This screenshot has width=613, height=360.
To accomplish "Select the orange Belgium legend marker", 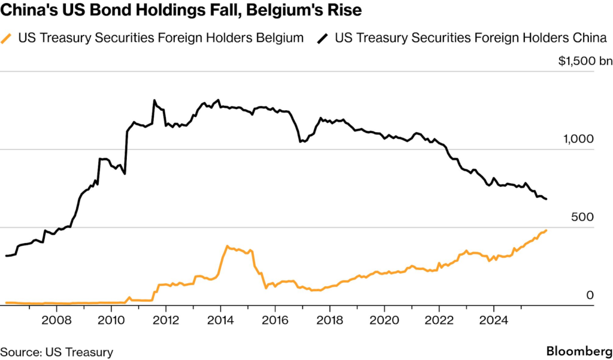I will click(x=9, y=38).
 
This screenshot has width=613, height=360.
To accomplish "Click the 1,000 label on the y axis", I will click(x=579, y=139).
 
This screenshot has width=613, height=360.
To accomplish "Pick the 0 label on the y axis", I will click(x=590, y=295).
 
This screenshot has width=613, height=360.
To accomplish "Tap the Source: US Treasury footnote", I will click(x=56, y=352).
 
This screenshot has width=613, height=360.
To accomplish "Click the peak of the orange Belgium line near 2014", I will click(x=227, y=246).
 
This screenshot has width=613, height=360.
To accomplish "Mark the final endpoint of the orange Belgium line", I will click(x=546, y=230).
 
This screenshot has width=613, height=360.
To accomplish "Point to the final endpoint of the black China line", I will click(x=546, y=199).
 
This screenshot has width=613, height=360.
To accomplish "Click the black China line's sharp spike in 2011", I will click(x=154, y=100).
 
